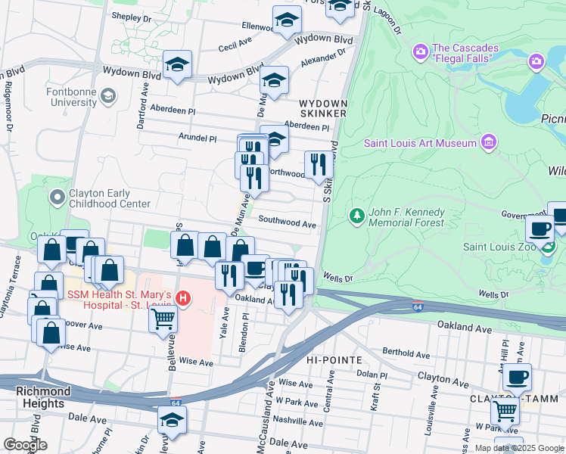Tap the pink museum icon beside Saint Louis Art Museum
[489, 142]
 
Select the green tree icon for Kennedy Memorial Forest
[357, 218]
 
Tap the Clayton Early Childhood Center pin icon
[56, 198]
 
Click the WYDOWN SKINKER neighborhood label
[322, 107]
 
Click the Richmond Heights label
[43, 397]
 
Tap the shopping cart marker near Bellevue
[163, 321]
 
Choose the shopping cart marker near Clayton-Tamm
[505, 412]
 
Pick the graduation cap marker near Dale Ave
[172, 421]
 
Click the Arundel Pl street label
[197, 138]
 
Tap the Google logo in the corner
[25, 446]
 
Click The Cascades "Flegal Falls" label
[465, 54]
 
